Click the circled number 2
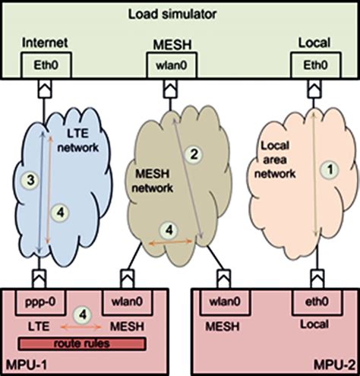tap(195, 155)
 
